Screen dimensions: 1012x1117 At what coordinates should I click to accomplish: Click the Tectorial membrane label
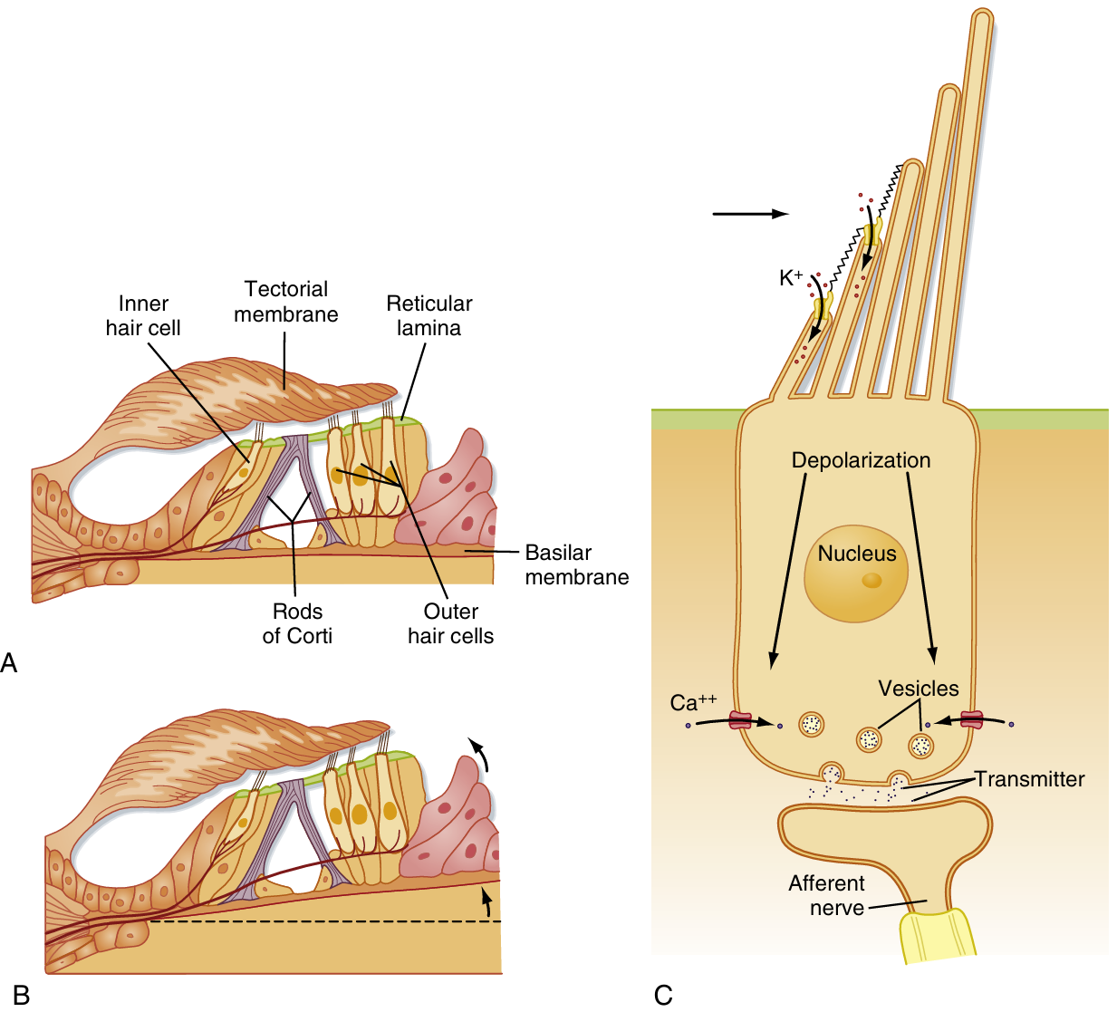286,302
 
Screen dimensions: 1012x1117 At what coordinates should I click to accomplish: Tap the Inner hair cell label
143,316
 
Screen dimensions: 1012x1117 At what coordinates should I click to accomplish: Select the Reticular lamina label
429,316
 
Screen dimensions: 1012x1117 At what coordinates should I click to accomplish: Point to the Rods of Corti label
297,623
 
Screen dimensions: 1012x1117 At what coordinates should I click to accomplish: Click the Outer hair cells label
450,623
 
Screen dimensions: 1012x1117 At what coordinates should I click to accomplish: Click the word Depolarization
861,460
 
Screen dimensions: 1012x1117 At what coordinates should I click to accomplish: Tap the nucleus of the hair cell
856,571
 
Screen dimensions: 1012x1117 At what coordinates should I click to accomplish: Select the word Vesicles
918,689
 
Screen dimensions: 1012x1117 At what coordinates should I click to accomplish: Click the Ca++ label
693,702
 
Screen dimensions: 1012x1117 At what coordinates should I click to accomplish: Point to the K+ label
791,278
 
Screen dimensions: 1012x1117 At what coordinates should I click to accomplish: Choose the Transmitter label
1029,779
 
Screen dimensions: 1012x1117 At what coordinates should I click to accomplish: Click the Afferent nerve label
826,895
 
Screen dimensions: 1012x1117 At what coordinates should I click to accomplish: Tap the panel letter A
10,662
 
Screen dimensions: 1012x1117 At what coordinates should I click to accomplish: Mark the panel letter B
22,995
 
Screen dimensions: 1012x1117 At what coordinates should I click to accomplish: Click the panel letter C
663,995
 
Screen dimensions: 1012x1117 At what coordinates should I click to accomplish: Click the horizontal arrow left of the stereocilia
750,214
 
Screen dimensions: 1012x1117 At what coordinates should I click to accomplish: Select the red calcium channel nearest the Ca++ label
741,721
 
